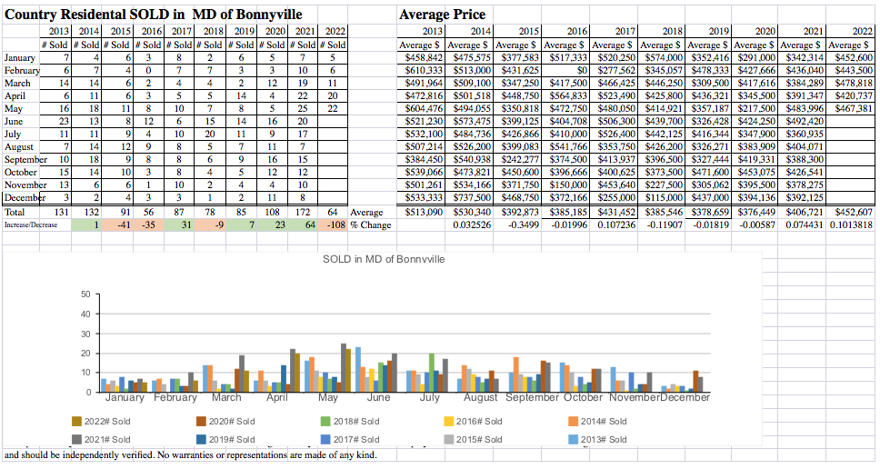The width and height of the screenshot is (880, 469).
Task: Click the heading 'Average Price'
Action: (442, 15)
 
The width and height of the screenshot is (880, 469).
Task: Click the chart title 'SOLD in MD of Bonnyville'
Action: (384, 260)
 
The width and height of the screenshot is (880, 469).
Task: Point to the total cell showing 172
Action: (308, 212)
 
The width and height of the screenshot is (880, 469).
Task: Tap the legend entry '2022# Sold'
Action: (108, 421)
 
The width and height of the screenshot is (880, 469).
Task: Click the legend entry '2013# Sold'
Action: (605, 440)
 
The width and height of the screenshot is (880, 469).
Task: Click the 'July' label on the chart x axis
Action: (429, 398)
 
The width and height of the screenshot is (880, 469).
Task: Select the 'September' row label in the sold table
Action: (25, 159)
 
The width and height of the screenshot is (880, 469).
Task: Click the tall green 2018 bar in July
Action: (432, 373)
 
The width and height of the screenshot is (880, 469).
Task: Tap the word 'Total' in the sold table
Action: (15, 212)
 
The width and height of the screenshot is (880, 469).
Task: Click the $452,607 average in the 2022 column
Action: (850, 212)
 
